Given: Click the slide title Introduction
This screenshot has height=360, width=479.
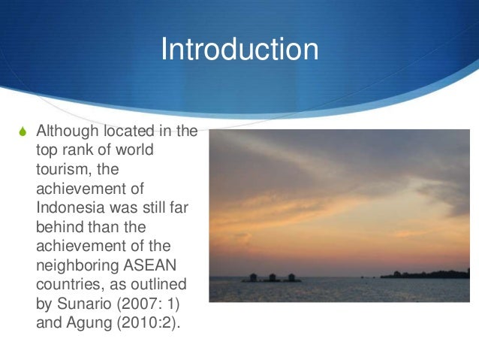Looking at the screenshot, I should coord(239,50).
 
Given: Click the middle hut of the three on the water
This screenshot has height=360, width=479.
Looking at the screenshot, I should coord(272,277).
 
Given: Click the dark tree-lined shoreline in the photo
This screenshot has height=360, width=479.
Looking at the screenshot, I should coord(428,274).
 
